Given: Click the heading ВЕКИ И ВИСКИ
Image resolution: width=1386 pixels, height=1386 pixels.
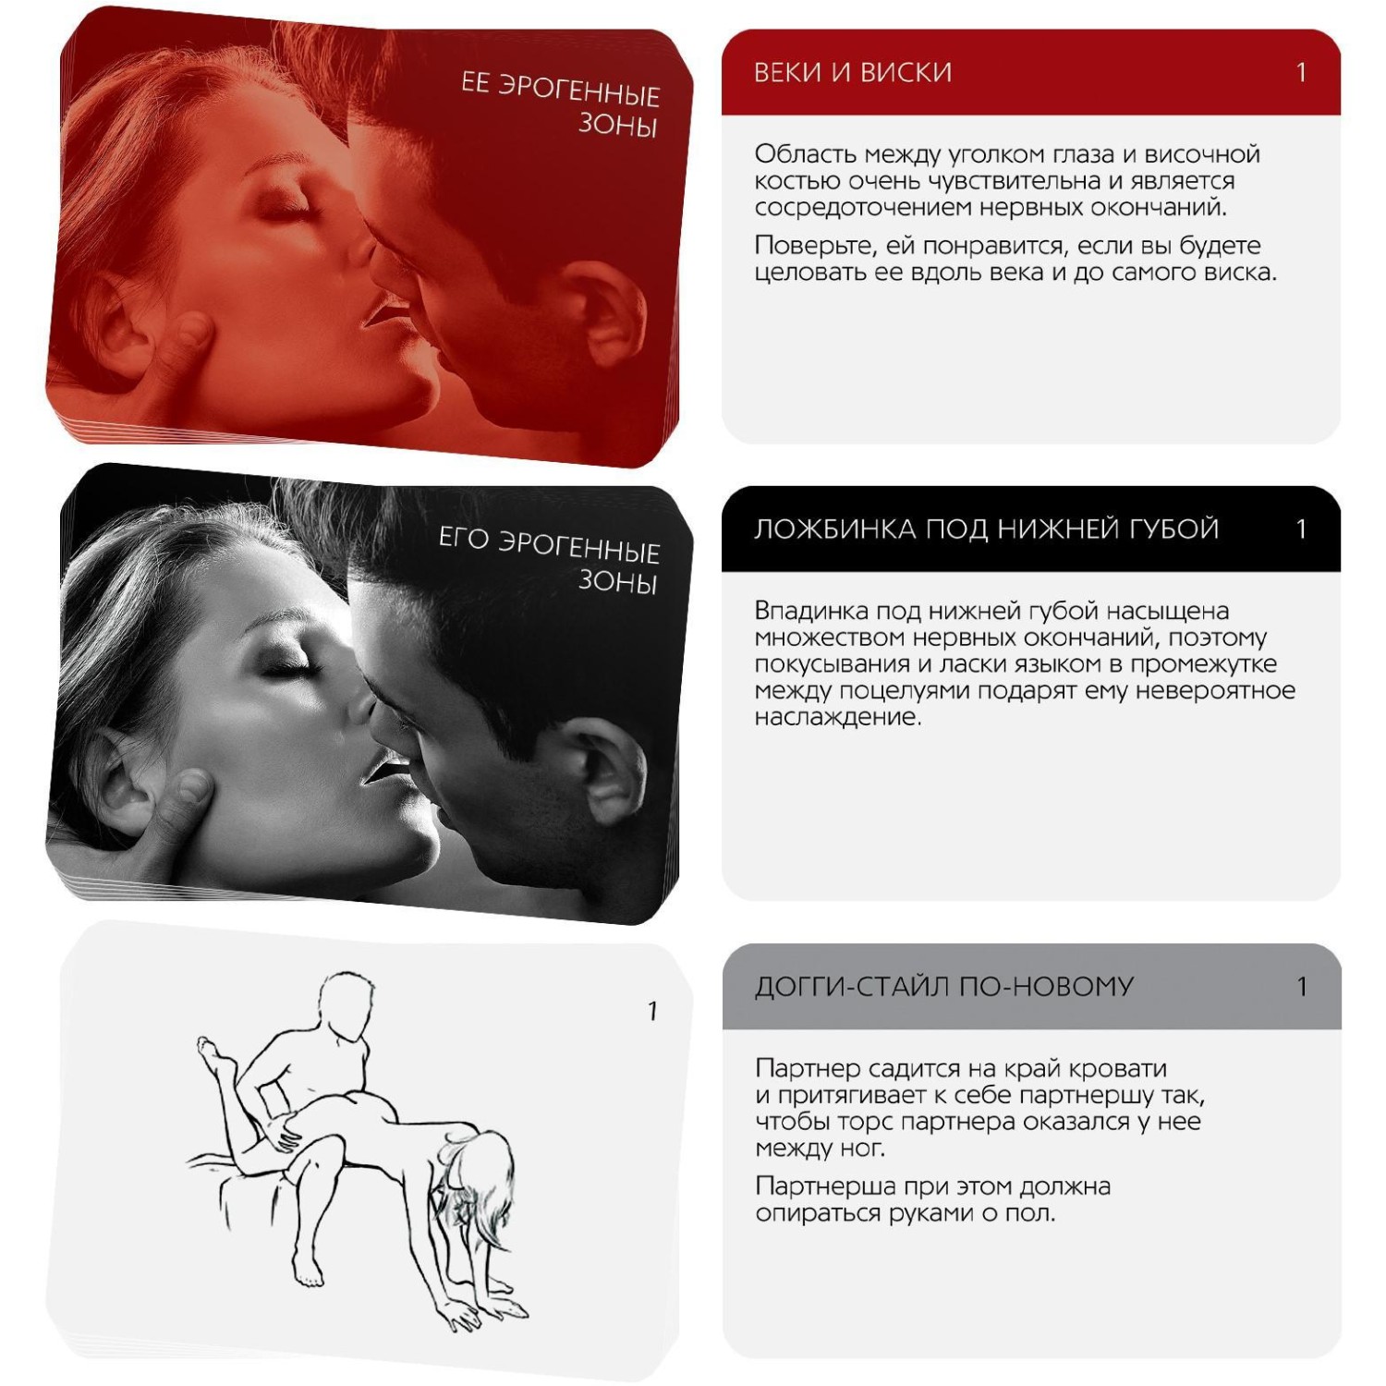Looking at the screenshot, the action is (853, 73).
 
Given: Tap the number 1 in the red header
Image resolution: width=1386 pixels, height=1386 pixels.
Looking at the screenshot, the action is (1301, 73).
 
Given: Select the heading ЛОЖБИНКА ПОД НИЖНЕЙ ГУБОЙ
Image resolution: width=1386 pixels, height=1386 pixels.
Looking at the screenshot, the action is (987, 529).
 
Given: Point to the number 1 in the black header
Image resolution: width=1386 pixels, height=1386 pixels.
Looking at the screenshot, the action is (1301, 529).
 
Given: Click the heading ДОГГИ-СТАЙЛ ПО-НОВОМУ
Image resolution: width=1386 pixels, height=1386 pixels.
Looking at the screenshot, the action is (944, 987).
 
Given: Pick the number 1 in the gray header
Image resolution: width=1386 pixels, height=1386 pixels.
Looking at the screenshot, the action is (1301, 987).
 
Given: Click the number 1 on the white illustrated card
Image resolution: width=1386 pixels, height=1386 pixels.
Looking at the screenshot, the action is (652, 1012).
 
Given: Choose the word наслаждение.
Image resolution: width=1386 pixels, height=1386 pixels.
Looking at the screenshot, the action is (838, 718).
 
